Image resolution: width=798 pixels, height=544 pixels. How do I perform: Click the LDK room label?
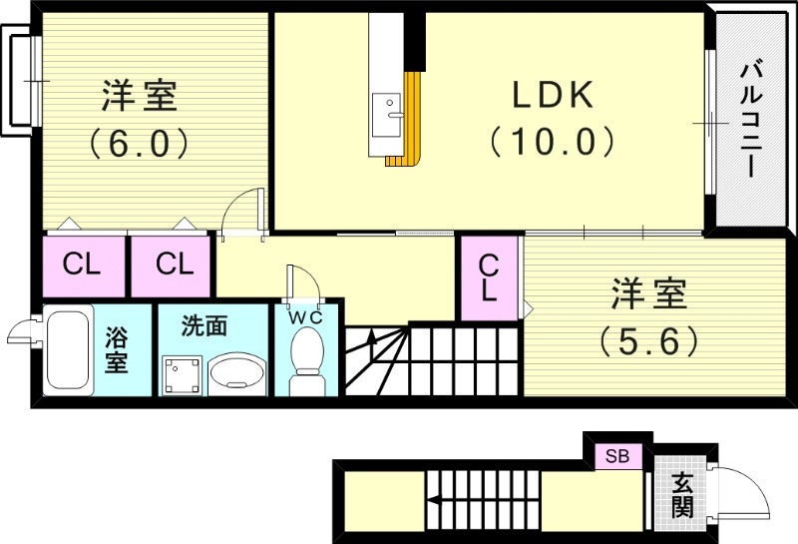point(553,97)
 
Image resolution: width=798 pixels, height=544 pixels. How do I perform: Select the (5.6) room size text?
point(648,342)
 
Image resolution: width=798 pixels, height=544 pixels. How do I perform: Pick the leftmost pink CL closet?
point(83,265)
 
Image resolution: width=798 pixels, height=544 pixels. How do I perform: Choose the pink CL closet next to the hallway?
point(173,265)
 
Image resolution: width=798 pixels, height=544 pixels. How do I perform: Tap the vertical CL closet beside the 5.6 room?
point(489,277)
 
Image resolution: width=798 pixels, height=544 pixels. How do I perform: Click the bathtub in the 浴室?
point(69,351)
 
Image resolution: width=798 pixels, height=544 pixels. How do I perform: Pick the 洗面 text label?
point(203,324)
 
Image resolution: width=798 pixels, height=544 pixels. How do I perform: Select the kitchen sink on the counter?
point(386,108)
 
